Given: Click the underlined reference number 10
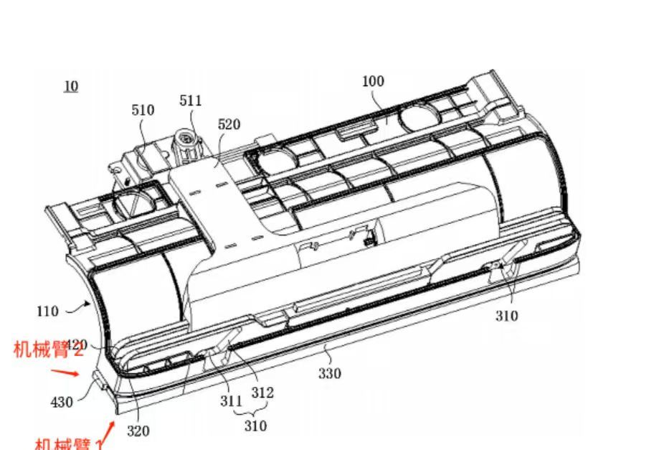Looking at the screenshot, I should point(70,87).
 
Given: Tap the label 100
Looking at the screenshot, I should point(373,81).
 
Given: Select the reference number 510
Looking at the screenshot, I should point(143,111).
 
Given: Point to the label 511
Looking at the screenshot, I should point(191,101).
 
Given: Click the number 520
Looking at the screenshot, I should point(229,125).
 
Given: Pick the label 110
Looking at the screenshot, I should point(47,311).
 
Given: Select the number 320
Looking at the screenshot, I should point(138,431).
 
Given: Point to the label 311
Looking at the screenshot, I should point(231,401).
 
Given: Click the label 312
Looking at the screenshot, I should point(262,393).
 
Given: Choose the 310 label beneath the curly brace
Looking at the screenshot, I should point(255,426).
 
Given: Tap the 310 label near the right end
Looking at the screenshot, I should point(506,316).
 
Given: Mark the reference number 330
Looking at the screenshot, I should point(330,373).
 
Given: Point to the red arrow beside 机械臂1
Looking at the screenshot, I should point(109,432).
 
